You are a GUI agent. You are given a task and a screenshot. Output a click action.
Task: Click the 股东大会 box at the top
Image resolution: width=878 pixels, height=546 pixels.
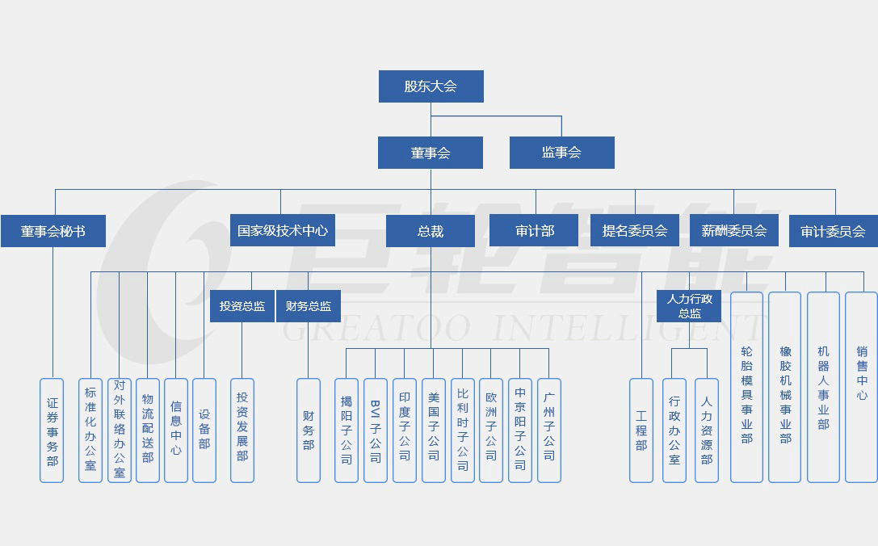pyautogui.click(x=431, y=86)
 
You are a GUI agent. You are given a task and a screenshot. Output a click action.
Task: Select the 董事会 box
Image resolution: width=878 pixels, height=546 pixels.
pyautogui.click(x=431, y=153)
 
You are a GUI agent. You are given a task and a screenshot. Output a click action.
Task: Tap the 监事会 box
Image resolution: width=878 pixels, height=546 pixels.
pyautogui.click(x=561, y=153)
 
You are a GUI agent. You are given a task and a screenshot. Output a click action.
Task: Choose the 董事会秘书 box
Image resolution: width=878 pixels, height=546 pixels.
pyautogui.click(x=53, y=231)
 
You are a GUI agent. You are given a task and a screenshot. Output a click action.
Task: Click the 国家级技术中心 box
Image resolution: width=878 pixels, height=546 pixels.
pyautogui.click(x=282, y=231)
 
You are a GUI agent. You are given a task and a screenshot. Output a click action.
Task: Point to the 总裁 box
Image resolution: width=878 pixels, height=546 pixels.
pyautogui.click(x=431, y=231)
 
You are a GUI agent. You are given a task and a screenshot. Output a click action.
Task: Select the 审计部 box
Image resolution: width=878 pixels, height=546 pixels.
pyautogui.click(x=534, y=231)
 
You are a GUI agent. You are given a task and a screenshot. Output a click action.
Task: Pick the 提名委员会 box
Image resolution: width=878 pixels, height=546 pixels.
pyautogui.click(x=635, y=231)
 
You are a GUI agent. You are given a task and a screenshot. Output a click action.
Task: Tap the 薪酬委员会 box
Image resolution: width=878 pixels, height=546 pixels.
pyautogui.click(x=733, y=230)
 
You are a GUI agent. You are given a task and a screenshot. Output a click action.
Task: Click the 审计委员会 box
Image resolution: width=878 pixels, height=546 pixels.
pyautogui.click(x=833, y=231)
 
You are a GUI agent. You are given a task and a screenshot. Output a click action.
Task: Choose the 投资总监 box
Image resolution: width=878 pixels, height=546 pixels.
pyautogui.click(x=242, y=307)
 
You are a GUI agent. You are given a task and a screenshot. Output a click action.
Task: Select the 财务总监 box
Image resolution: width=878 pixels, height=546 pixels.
pyautogui.click(x=309, y=307)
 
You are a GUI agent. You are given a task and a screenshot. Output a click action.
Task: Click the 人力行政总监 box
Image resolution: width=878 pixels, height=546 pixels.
pyautogui.click(x=689, y=306)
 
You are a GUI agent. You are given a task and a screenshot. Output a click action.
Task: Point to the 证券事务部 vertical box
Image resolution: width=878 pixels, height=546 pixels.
pyautogui.click(x=53, y=430)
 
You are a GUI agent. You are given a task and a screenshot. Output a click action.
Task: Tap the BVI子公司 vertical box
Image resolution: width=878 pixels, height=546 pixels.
pyautogui.click(x=376, y=430)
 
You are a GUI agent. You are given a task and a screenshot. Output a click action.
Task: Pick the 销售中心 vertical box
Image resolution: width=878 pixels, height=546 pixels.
pyautogui.click(x=862, y=387)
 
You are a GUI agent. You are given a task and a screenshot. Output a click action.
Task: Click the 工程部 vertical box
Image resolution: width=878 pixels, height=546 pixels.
pyautogui.click(x=641, y=430)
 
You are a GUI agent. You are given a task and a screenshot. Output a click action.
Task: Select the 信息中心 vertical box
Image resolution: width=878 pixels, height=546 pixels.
pyautogui.click(x=176, y=430)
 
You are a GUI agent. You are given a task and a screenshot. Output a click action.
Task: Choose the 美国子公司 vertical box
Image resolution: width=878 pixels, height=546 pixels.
pyautogui.click(x=434, y=430)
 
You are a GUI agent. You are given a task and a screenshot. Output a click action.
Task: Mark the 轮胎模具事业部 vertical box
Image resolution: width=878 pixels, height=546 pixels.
pyautogui.click(x=746, y=387)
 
